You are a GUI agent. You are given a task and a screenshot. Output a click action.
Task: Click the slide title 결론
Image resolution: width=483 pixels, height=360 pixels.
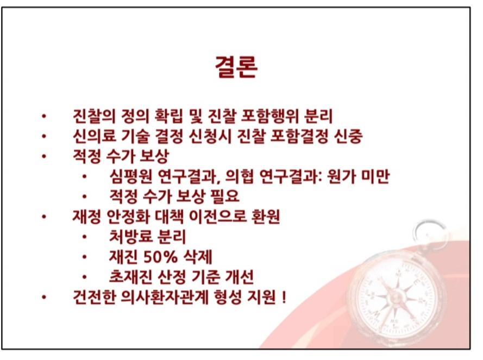tap(236, 67)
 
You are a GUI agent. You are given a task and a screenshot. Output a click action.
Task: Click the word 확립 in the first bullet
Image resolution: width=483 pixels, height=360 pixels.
tap(169, 116)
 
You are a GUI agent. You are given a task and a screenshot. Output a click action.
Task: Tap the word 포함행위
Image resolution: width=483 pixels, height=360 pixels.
tap(269, 116)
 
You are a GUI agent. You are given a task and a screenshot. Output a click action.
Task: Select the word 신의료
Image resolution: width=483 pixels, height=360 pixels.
tap(94, 136)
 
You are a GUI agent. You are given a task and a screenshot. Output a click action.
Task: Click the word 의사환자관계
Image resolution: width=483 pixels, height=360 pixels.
tap(165, 297)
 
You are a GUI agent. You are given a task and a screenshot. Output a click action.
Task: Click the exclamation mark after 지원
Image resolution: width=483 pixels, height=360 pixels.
tap(284, 297)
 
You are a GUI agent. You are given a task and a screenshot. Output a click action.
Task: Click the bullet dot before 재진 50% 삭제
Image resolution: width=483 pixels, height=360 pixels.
tap(84, 257)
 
